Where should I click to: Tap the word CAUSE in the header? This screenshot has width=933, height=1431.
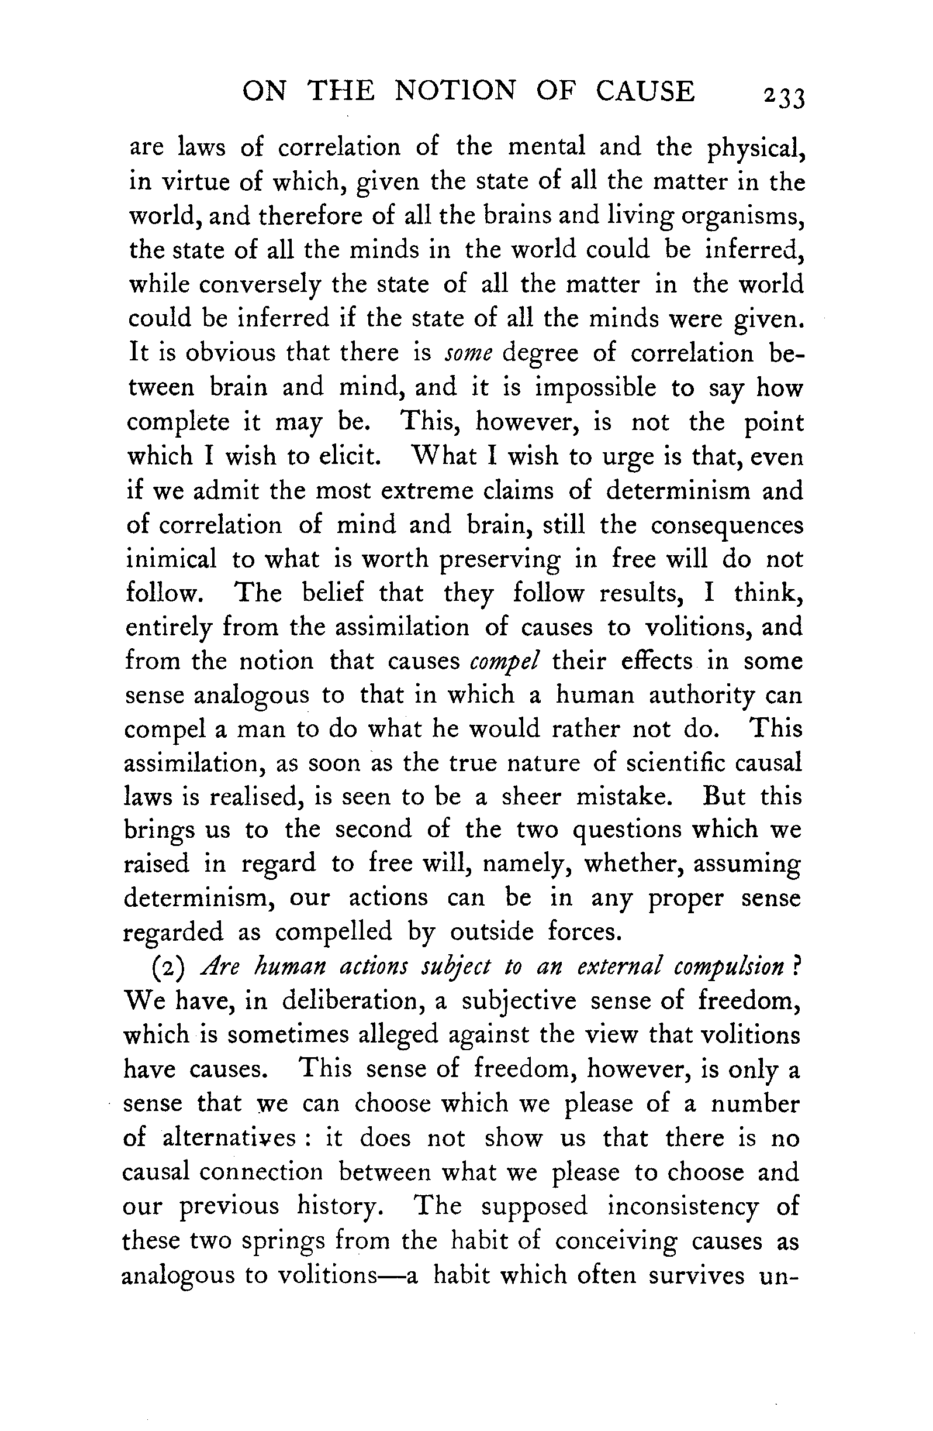click(645, 91)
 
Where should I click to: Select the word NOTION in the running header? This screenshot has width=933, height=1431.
click(455, 91)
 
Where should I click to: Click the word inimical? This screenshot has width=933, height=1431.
click(171, 560)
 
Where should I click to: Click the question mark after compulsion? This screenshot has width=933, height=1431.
click(797, 966)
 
